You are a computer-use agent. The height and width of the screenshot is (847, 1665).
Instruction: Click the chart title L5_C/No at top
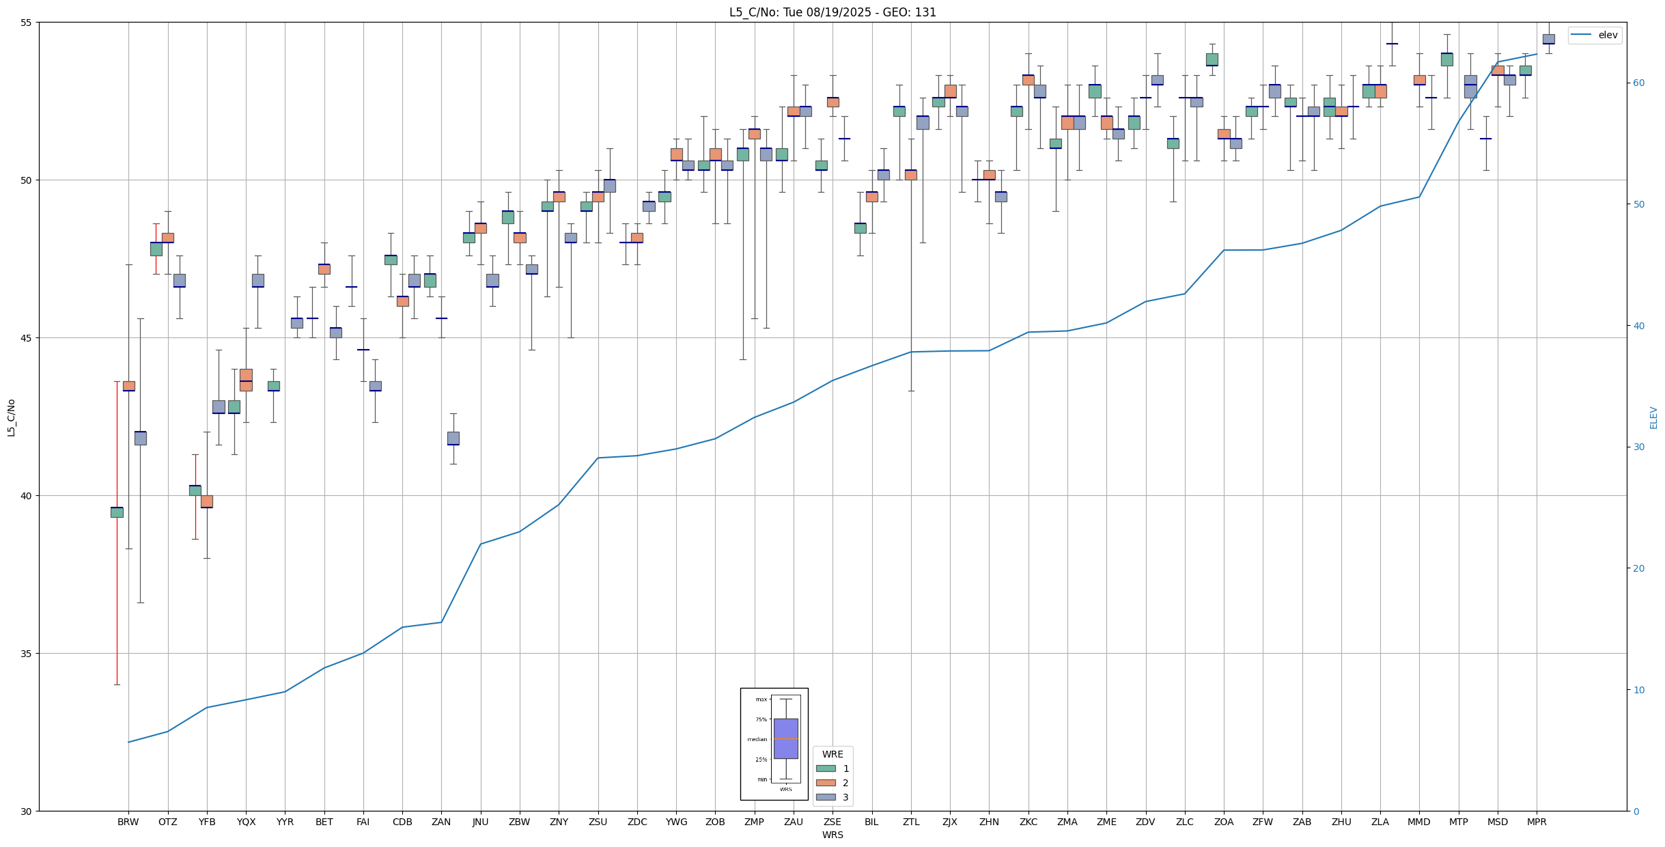[x=832, y=12]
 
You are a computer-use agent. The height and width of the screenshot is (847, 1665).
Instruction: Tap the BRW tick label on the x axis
[x=128, y=822]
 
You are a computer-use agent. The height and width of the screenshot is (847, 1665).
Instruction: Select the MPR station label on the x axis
[x=1537, y=822]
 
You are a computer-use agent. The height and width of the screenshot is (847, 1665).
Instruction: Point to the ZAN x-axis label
[x=441, y=822]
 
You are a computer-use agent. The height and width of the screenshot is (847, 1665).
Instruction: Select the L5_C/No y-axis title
[x=11, y=417]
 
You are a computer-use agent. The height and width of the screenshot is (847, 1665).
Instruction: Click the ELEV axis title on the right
[x=1653, y=417]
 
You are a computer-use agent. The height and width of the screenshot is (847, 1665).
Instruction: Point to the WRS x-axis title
[x=832, y=835]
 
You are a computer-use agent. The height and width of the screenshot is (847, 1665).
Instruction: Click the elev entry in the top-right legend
[x=1608, y=36]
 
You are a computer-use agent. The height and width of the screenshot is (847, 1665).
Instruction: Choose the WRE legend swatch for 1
[x=826, y=768]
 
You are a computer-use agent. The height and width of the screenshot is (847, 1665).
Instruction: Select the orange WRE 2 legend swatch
[x=826, y=783]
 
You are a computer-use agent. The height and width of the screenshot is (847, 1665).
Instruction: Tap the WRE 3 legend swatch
[x=826, y=797]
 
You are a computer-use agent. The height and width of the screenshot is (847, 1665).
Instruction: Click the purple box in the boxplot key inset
[x=785, y=738]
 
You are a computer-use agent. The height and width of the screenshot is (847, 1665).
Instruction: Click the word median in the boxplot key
[x=757, y=739]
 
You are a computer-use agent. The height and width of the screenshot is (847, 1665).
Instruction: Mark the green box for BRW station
[x=117, y=512]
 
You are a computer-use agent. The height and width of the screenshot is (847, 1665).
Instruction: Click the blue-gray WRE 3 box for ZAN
[x=453, y=438]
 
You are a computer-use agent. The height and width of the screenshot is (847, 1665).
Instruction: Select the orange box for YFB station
[x=207, y=501]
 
